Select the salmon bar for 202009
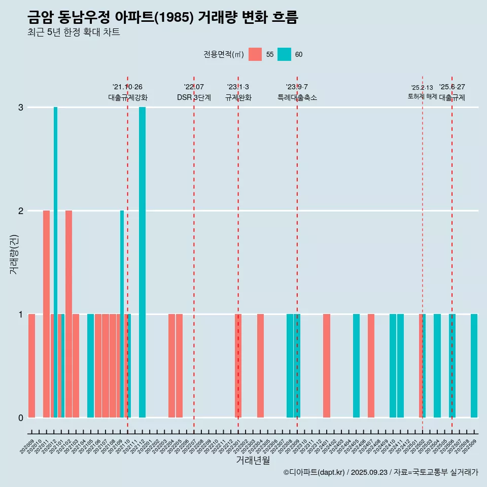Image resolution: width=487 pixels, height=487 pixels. tap(31, 366)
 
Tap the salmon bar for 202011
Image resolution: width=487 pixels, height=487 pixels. tap(46, 314)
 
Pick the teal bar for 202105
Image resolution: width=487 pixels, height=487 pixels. tap(90, 366)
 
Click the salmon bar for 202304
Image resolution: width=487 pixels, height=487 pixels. tap(260, 366)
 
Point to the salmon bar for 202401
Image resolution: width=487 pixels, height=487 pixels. tap(327, 366)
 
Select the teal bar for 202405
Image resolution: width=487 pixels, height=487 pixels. tap(356, 366)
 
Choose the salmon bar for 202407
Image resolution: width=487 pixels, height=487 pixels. tap(371, 366)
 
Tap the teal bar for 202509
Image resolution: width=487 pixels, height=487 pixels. tap(474, 366)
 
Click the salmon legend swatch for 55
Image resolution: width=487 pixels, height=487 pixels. tap(255, 54)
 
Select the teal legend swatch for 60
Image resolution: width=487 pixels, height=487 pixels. tap(284, 54)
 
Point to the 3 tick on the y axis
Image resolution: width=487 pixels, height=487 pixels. tap(21, 108)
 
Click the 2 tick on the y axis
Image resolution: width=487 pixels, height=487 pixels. tap(21, 211)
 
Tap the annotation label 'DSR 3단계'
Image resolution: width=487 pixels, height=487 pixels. tap(194, 97)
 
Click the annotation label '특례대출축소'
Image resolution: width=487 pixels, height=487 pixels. tap(297, 97)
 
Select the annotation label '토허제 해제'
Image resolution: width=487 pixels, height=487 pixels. tap(422, 96)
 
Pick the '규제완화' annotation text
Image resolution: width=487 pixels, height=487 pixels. tap(238, 97)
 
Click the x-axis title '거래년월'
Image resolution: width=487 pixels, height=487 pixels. tap(253, 461)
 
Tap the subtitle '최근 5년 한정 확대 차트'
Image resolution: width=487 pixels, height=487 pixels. tap(74, 32)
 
